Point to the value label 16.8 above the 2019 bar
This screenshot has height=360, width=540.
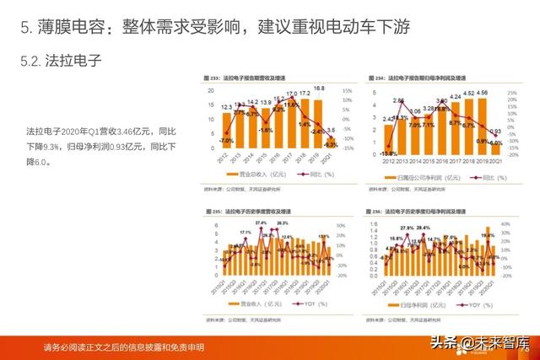click(319, 88)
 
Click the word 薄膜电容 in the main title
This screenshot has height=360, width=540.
click(68, 27)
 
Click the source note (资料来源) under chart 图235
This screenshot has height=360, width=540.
click(245, 318)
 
